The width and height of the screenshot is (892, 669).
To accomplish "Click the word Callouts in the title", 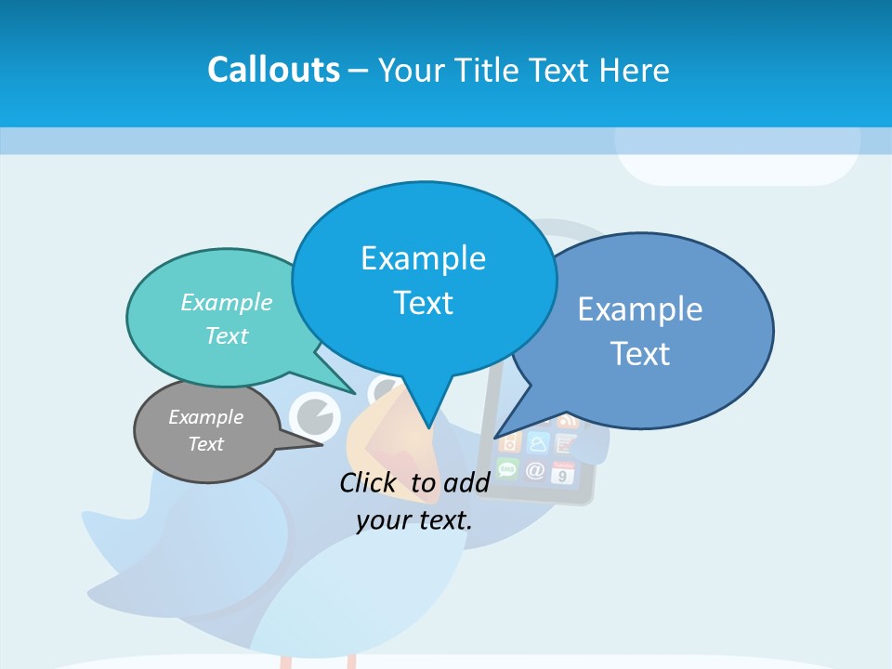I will click(x=273, y=70).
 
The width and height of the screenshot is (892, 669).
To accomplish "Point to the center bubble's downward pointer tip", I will click(x=428, y=426).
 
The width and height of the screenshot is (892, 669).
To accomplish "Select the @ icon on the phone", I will click(x=535, y=470).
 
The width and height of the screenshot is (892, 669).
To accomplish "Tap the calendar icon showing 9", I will click(x=563, y=474).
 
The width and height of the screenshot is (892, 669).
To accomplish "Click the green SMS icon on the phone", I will click(x=507, y=467).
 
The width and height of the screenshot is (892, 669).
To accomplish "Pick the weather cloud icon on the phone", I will click(x=538, y=441).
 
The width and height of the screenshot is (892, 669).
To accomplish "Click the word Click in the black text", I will click(x=369, y=482).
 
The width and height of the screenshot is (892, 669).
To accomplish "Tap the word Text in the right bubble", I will click(x=640, y=354).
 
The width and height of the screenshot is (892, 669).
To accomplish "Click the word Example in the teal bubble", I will click(x=227, y=303).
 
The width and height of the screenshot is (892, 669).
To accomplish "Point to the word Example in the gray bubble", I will click(x=206, y=417).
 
